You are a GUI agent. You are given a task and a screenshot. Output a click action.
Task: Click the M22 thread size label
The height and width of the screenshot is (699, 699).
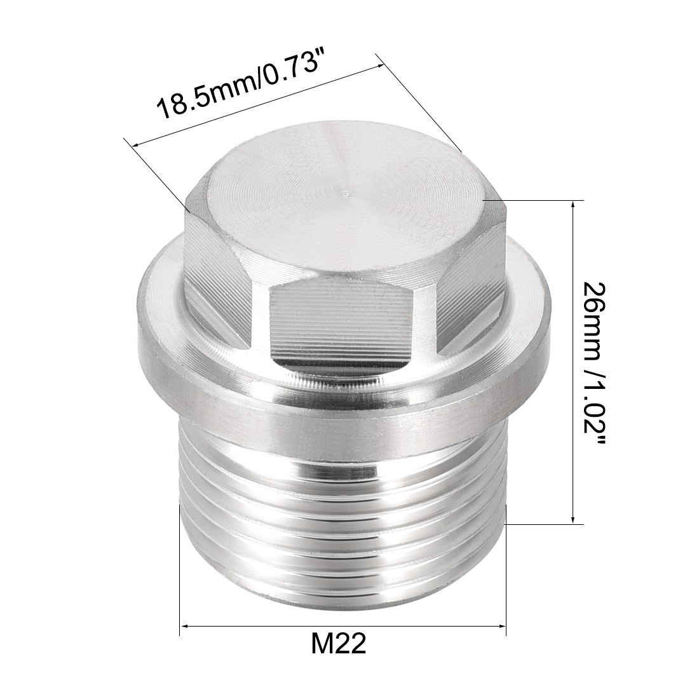(339, 646)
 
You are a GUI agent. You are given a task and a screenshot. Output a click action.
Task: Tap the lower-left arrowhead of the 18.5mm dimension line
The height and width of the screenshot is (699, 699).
(133, 144)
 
